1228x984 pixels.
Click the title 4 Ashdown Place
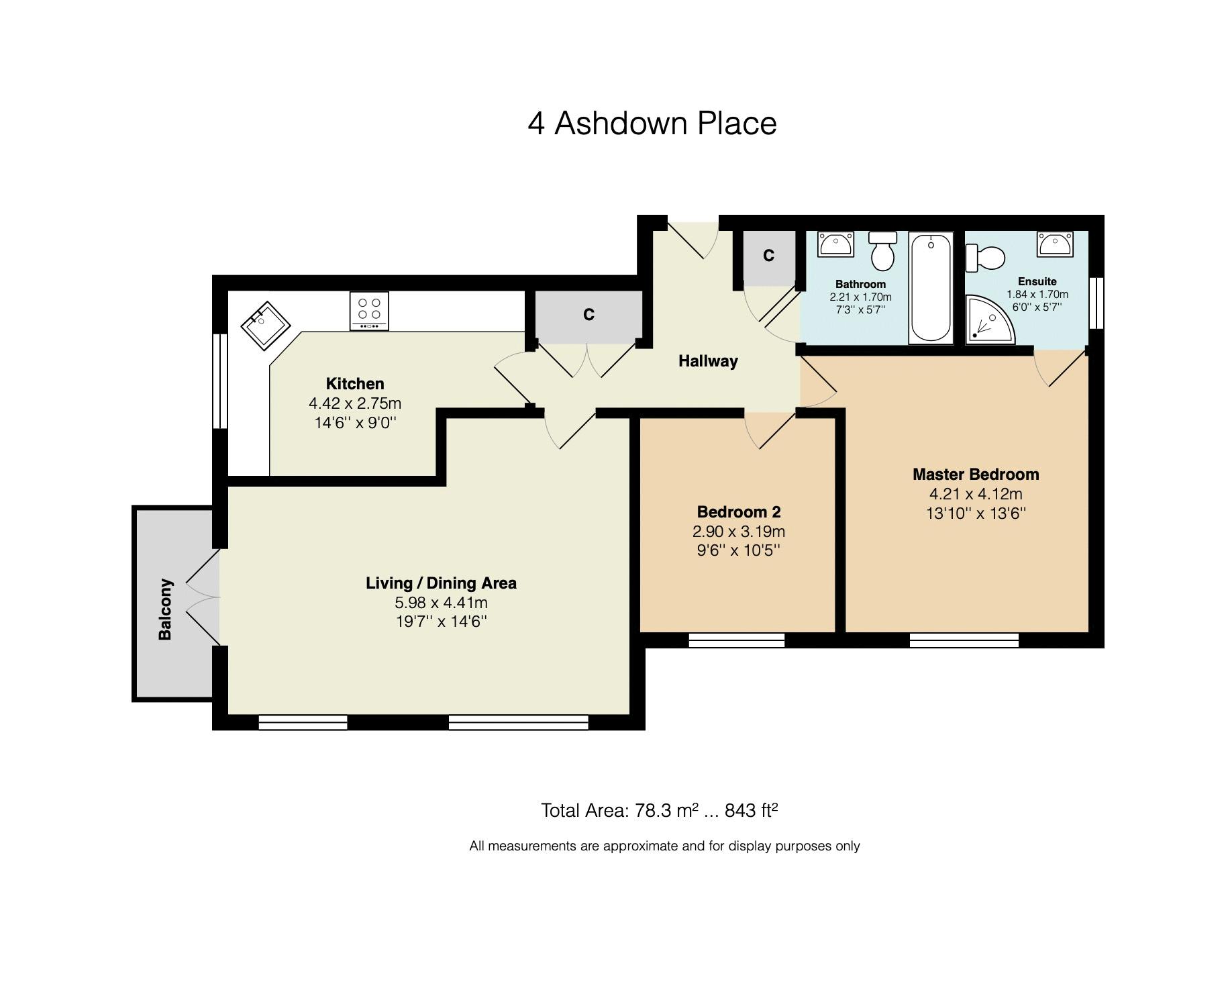[652, 124]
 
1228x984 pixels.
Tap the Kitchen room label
[355, 384]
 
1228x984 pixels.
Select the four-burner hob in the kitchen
[369, 311]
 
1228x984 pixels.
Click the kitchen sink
[265, 326]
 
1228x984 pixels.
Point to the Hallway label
[708, 361]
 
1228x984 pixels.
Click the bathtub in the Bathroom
[931, 288]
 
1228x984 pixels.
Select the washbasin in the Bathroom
[835, 244]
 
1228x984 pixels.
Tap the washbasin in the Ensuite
[1055, 244]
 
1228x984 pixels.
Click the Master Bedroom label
[976, 475]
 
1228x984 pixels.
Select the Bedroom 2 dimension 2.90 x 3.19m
[739, 532]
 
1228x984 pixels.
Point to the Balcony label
[165, 609]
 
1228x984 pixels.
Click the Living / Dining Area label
[441, 583]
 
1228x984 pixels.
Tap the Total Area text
[660, 811]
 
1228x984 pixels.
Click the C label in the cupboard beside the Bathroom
[768, 256]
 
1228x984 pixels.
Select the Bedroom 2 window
[737, 640]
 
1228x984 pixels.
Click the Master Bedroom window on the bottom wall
[964, 640]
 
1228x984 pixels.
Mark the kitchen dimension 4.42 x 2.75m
[355, 403]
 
